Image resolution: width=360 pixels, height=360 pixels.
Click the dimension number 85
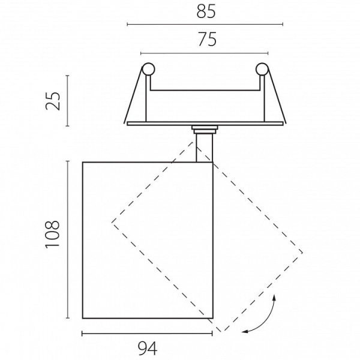pyautogui.click(x=206, y=11)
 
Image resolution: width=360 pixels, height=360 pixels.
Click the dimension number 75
pyautogui.click(x=207, y=40)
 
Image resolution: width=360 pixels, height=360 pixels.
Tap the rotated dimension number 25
pyautogui.click(x=53, y=101)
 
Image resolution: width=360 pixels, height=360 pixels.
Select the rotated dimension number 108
pyautogui.click(x=53, y=235)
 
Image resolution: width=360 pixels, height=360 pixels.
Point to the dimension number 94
pyautogui.click(x=148, y=349)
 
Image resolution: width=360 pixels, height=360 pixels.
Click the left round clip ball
pyautogui.click(x=148, y=69)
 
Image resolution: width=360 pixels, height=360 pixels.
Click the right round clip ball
pyautogui.click(x=262, y=69)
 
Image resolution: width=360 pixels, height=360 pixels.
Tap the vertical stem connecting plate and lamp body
pyautogui.click(x=205, y=148)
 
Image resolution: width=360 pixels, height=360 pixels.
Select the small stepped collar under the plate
pyautogui.click(x=205, y=130)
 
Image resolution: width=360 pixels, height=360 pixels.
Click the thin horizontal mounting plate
pyautogui.click(x=205, y=124)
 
